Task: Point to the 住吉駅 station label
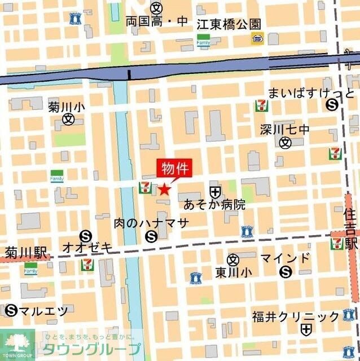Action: (351, 228)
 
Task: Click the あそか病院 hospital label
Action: (215, 205)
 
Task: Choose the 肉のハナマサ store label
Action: (151, 223)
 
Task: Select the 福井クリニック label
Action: (296, 316)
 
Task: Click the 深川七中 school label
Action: (285, 130)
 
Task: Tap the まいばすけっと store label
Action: (311, 93)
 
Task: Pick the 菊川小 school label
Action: (67, 106)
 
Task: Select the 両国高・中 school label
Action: (156, 22)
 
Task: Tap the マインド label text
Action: (285, 259)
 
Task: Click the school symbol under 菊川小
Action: (68, 119)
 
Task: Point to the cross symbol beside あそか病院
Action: (215, 192)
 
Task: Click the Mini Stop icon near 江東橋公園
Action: (258, 38)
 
